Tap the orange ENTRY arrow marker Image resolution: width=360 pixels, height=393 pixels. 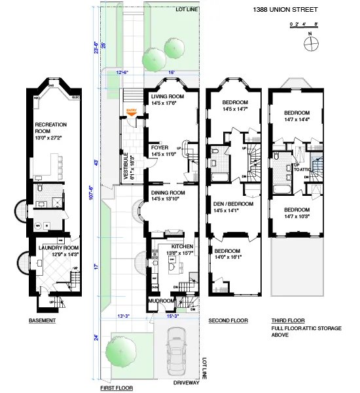click(132, 111)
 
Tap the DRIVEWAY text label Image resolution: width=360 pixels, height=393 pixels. click(187, 383)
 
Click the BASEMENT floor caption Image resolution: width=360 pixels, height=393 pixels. click(42, 321)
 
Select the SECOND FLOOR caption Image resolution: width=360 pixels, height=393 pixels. click(227, 321)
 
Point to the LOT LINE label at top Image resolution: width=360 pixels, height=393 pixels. click(186, 9)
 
